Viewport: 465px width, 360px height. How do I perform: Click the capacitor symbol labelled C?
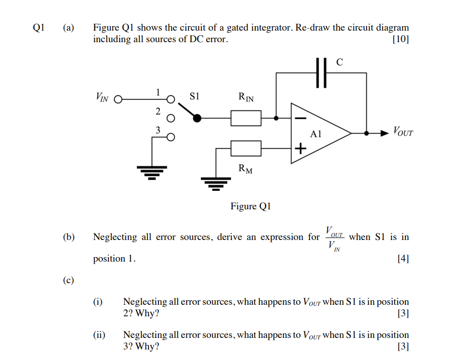click(x=322, y=73)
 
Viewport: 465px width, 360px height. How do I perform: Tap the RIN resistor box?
click(x=246, y=118)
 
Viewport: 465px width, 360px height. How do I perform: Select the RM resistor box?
click(x=246, y=148)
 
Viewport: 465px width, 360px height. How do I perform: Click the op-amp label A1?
click(x=316, y=134)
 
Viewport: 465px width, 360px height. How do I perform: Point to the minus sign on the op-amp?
click(x=300, y=118)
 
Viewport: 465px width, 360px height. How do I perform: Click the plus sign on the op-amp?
click(x=300, y=149)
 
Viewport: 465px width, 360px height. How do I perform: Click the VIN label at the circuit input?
click(x=101, y=97)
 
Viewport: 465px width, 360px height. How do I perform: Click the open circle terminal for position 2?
click(x=171, y=118)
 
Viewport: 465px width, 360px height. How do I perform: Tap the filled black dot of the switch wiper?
click(x=197, y=118)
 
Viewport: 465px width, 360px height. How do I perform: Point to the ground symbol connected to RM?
click(x=216, y=183)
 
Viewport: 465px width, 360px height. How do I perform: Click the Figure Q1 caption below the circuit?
click(x=250, y=206)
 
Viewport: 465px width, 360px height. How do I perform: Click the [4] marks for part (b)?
click(x=402, y=259)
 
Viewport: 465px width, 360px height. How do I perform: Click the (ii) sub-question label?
click(x=99, y=335)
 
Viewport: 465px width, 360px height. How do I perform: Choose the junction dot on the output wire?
click(x=367, y=134)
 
